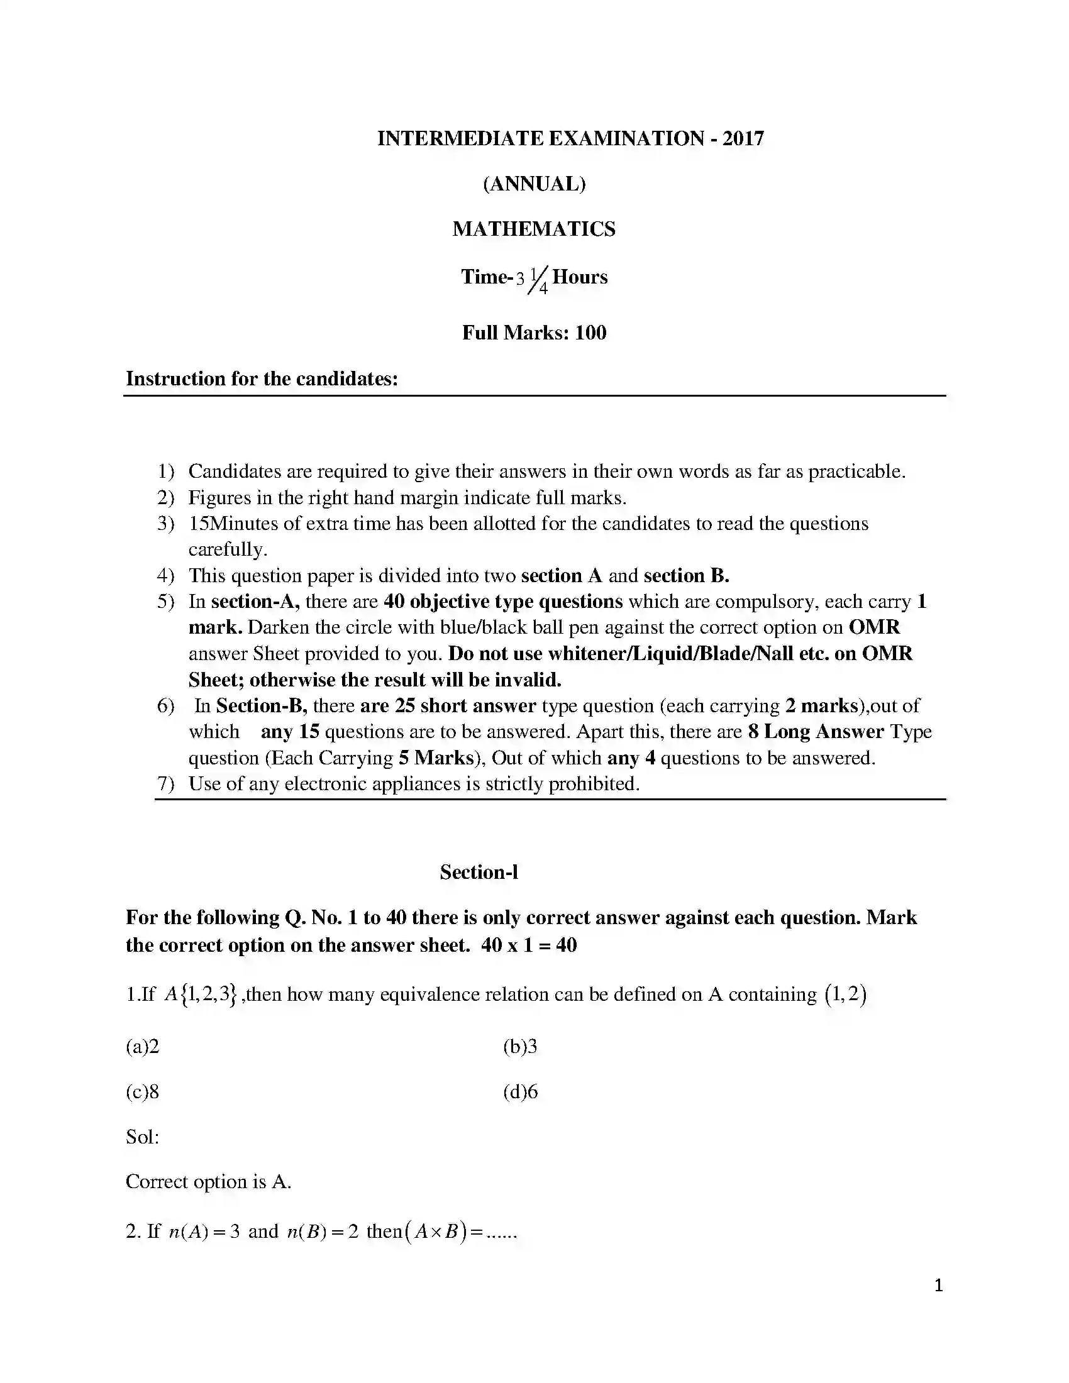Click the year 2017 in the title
pos(743,138)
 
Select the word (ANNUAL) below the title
pos(534,184)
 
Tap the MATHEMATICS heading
pos(534,229)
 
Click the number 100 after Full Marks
pos(590,333)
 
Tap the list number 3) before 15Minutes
pos(165,524)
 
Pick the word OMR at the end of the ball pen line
pos(874,627)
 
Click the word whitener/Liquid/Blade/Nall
pos(670,654)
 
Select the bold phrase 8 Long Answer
pos(816,732)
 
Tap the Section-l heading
pos(479,873)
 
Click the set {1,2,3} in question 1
pos(208,995)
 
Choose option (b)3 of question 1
pos(520,1047)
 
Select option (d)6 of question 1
pos(520,1092)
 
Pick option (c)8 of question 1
pos(143,1092)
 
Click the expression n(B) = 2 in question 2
pos(323,1231)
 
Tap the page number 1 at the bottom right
pos(939,1286)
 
